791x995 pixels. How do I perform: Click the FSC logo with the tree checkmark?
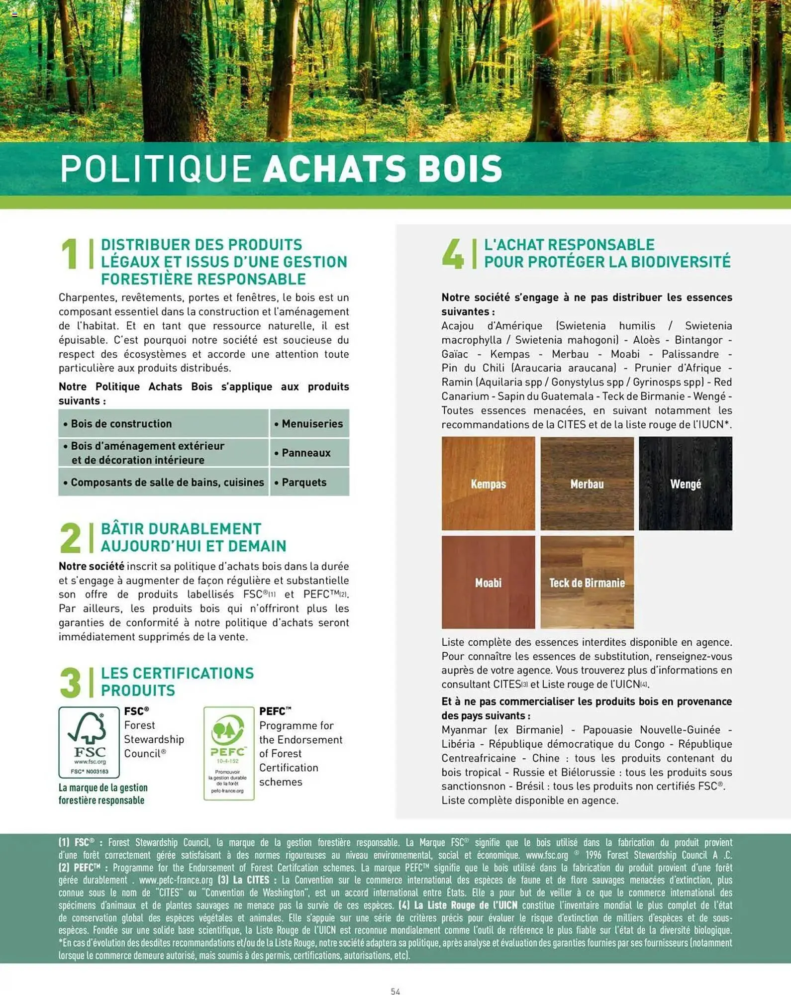[89, 741]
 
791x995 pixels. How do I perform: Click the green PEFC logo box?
[229, 753]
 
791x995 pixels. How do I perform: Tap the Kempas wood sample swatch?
[488, 483]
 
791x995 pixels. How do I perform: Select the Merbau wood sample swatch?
[587, 483]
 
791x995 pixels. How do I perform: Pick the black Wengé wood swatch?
[685, 483]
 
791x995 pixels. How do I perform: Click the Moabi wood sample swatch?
[488, 582]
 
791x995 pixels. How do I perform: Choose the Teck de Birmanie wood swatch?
[587, 582]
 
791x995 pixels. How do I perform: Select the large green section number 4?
[452, 254]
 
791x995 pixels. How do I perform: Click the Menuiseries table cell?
[309, 424]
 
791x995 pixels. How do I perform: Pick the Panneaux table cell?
[309, 453]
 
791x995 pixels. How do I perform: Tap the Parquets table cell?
[309, 482]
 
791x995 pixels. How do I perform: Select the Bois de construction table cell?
[163, 424]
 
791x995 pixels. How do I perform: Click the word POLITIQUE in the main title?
[156, 169]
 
